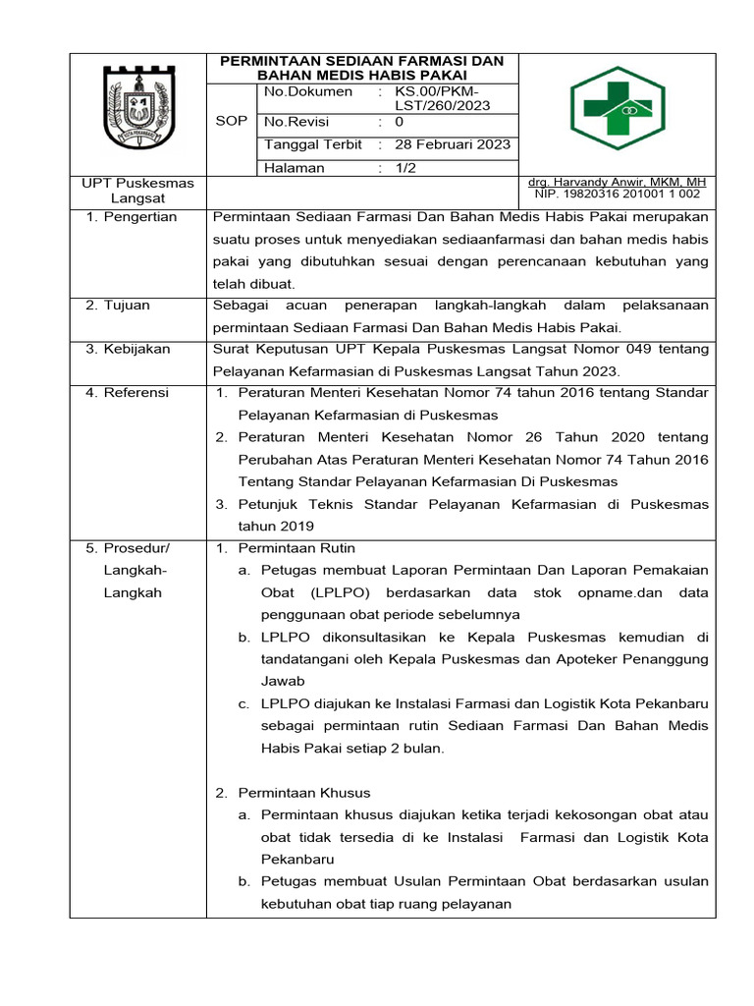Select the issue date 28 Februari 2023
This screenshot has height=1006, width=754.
(453, 144)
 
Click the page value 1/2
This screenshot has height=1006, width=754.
(404, 168)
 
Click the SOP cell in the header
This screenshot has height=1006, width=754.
(231, 122)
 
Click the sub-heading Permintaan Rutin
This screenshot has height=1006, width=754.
(296, 548)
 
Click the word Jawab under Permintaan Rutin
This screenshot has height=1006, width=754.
(283, 681)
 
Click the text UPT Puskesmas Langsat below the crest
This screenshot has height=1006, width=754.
(136, 191)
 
